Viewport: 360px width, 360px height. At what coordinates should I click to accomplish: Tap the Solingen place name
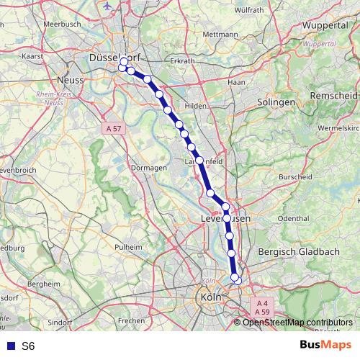click(x=276, y=103)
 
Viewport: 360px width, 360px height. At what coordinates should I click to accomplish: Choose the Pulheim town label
click(x=130, y=246)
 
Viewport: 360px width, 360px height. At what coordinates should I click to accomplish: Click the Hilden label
click(x=196, y=105)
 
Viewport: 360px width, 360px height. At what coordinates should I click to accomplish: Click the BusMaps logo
click(x=325, y=346)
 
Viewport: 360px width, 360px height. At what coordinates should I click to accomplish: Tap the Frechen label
click(x=132, y=319)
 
